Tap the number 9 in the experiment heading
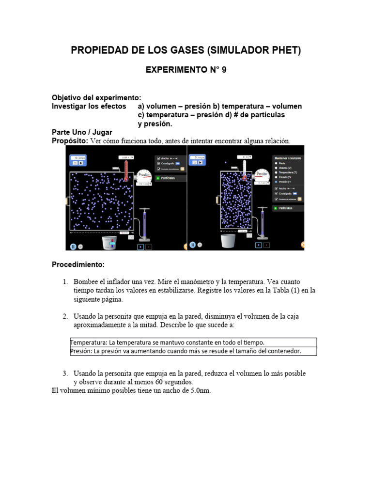(224, 70)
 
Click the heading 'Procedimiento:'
(77, 264)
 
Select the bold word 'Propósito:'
(70, 141)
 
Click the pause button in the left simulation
(73, 246)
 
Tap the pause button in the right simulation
(193, 245)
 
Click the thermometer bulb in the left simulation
(126, 179)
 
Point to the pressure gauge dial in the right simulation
(262, 174)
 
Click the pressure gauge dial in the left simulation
(144, 175)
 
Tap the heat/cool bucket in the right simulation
(228, 241)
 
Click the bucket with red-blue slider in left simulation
(110, 242)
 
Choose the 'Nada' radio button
(276, 163)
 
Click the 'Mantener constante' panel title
(288, 158)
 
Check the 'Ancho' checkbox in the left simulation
(158, 158)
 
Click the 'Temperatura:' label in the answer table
(89, 342)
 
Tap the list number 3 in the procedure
(65, 373)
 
